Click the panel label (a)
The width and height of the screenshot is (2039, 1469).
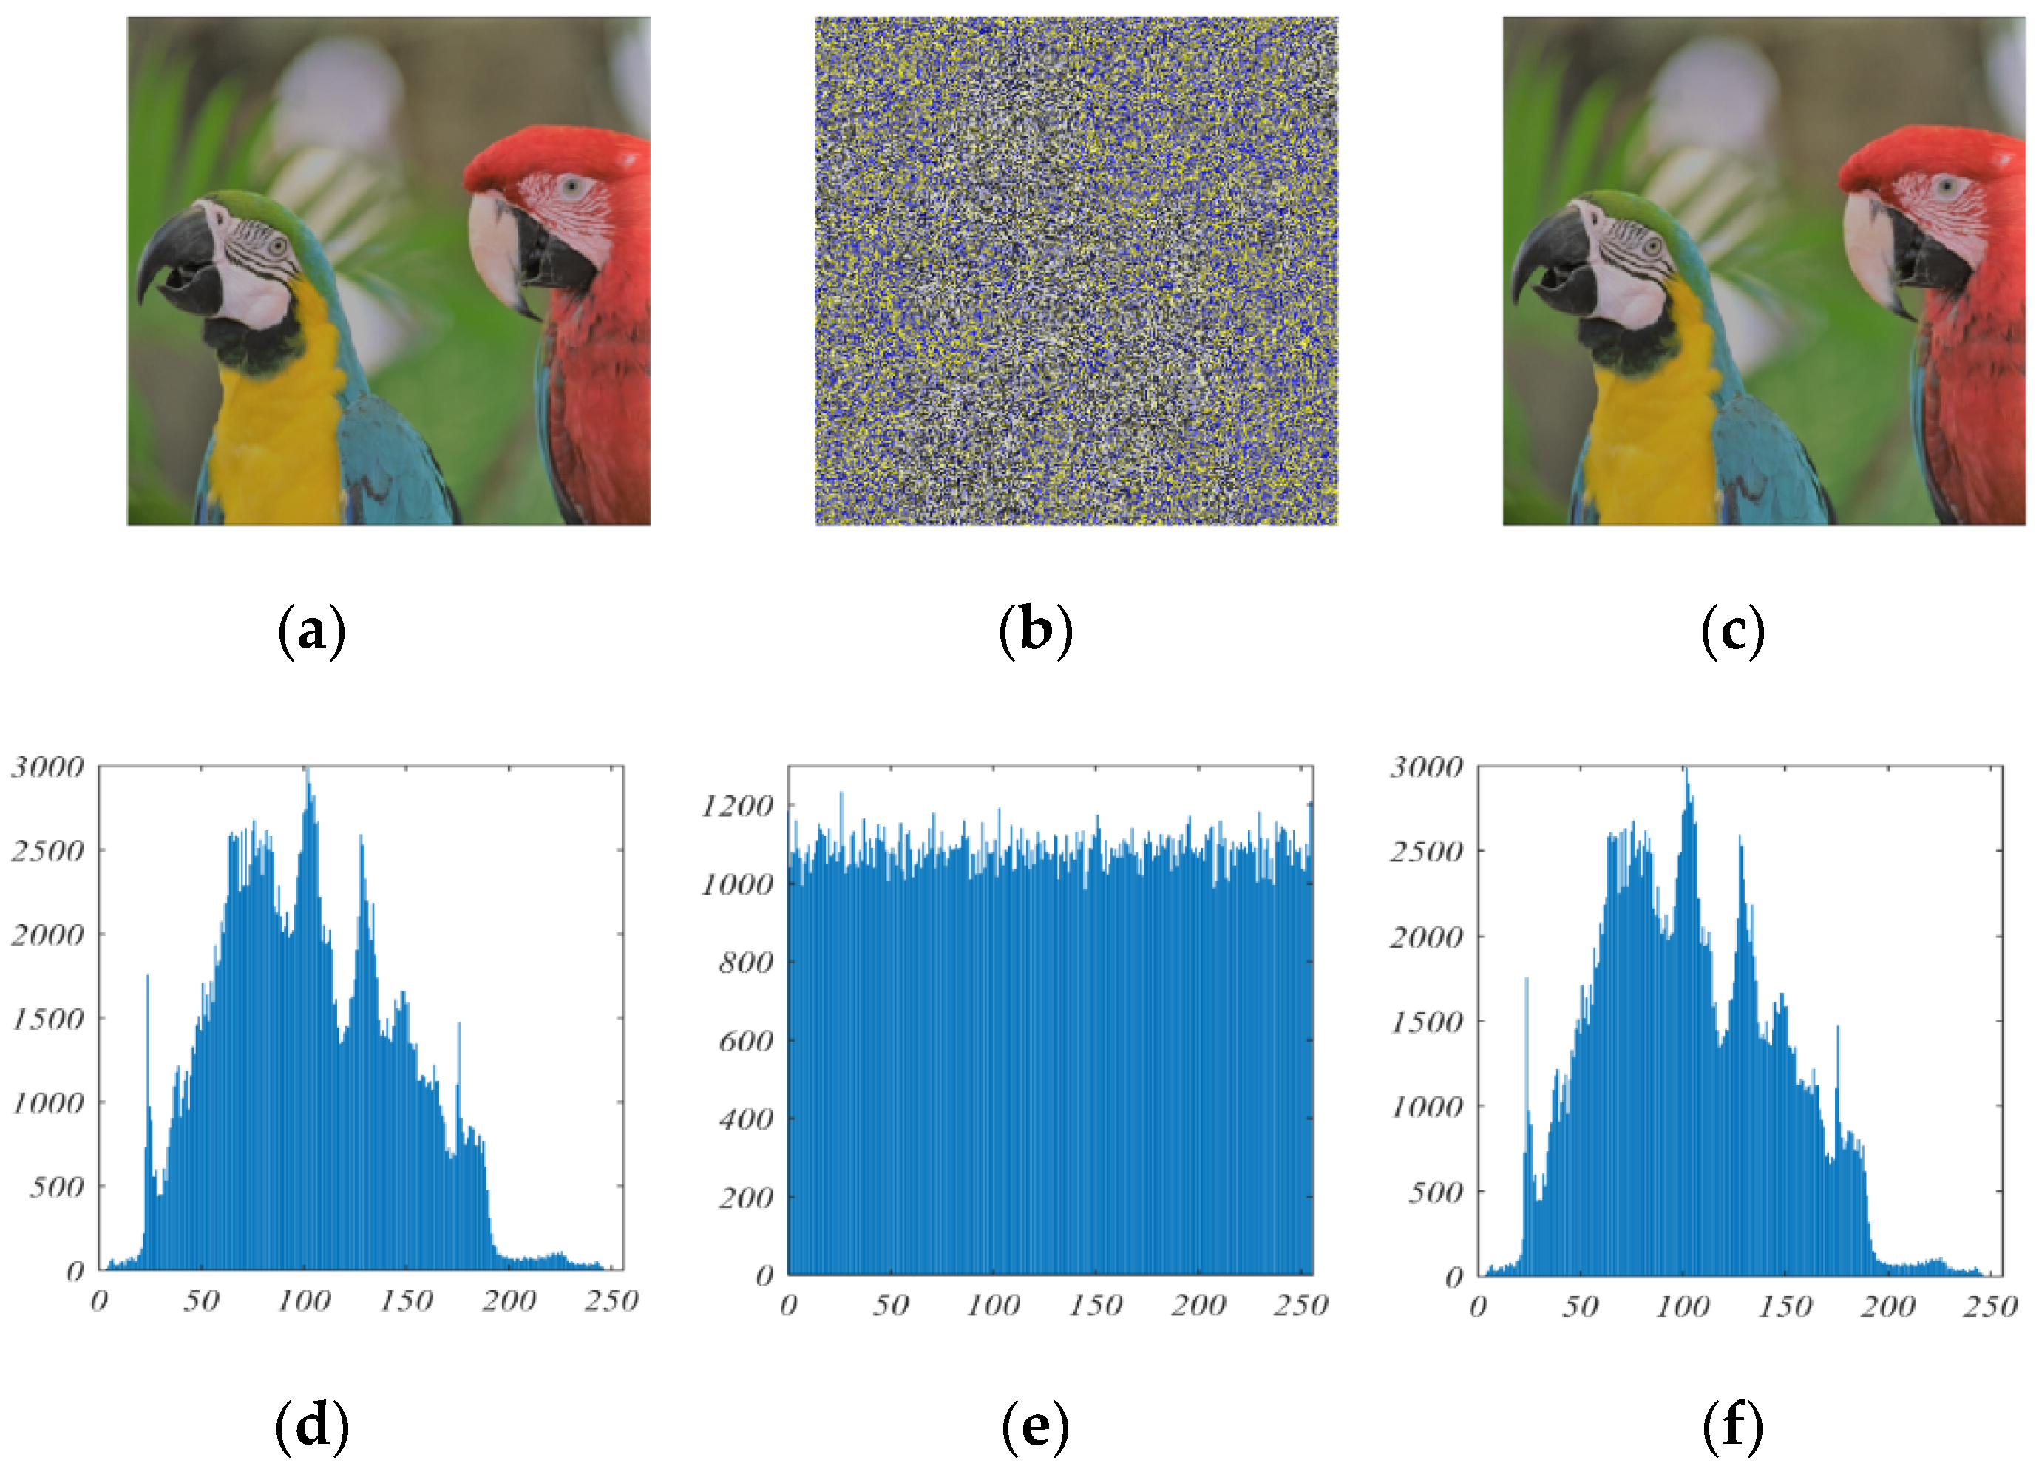coord(311,631)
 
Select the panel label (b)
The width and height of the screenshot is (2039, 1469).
coord(1036,631)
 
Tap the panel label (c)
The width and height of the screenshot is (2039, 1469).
coord(1732,631)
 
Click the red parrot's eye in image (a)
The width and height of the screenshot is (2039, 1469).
coord(570,188)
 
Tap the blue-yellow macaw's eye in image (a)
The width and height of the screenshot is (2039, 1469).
coord(278,245)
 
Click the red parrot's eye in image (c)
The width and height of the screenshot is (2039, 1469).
coord(1946,187)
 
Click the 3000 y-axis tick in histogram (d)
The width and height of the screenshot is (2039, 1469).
coord(47,767)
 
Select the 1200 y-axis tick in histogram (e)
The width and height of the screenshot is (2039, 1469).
coord(736,807)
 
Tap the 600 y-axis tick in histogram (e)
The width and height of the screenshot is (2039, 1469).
coord(745,1041)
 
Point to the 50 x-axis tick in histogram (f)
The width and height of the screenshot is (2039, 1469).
coord(1580,1306)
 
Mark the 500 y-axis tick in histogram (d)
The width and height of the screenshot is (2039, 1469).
coord(57,1187)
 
